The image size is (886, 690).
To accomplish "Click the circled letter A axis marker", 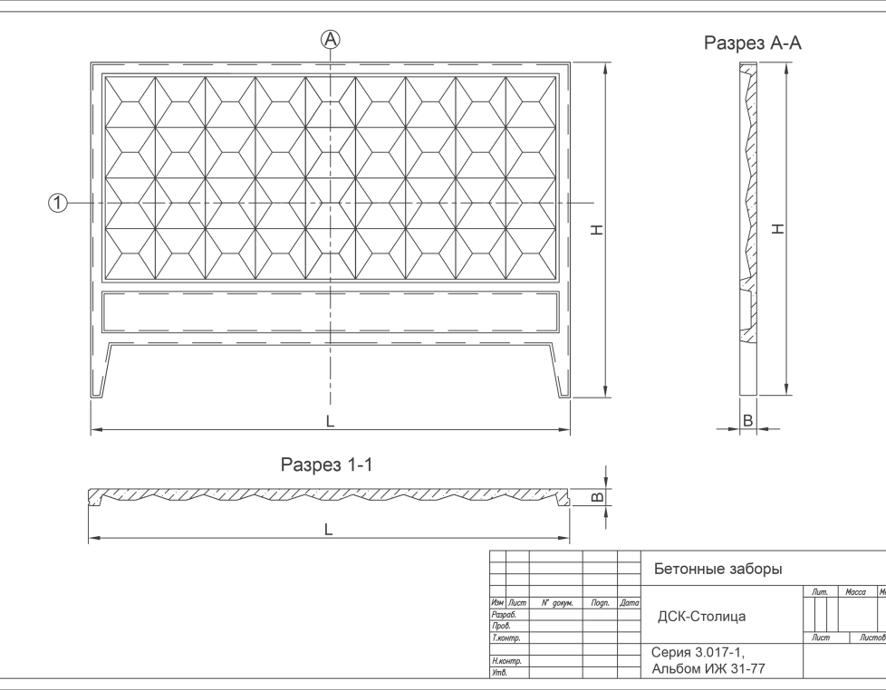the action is coord(331,40).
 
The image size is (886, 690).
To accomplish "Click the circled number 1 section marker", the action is coord(58,203).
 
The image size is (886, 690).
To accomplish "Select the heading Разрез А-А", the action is coord(752,43).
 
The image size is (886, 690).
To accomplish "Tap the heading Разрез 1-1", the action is coord(327,465).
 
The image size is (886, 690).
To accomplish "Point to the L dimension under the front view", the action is coord(330,421).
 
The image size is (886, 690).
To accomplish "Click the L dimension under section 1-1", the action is coord(328,529).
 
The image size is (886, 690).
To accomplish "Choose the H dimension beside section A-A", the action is coord(778,229).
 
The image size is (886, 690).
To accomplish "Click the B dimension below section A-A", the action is coord(747,421).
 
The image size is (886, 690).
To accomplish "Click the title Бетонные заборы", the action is coord(718,569).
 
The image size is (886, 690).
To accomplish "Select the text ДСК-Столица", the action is coord(701,616).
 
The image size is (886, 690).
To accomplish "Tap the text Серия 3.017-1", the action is coord(698,653).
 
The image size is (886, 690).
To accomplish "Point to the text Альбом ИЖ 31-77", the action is coord(708,669).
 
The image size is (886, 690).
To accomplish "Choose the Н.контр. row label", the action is coord(506,661).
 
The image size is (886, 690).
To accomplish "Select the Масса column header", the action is coord(855,591).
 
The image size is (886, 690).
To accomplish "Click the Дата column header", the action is coord(629,603).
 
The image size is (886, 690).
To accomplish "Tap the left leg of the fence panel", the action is coord(101,369).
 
